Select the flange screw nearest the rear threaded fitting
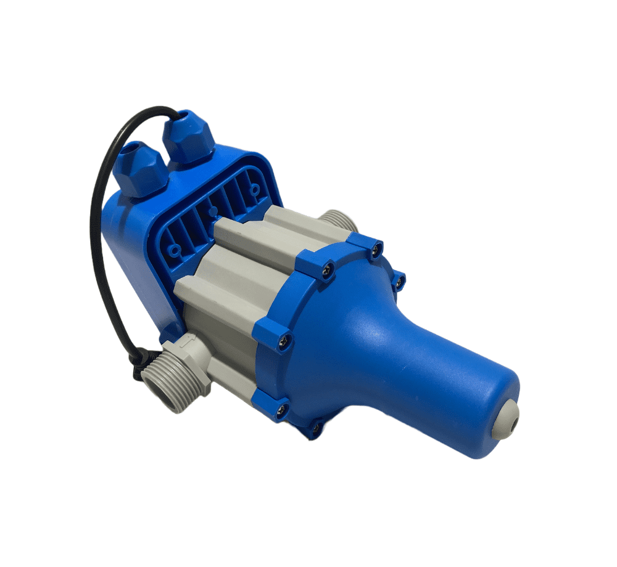(x=375, y=248)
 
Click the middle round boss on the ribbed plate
(x=213, y=211)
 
